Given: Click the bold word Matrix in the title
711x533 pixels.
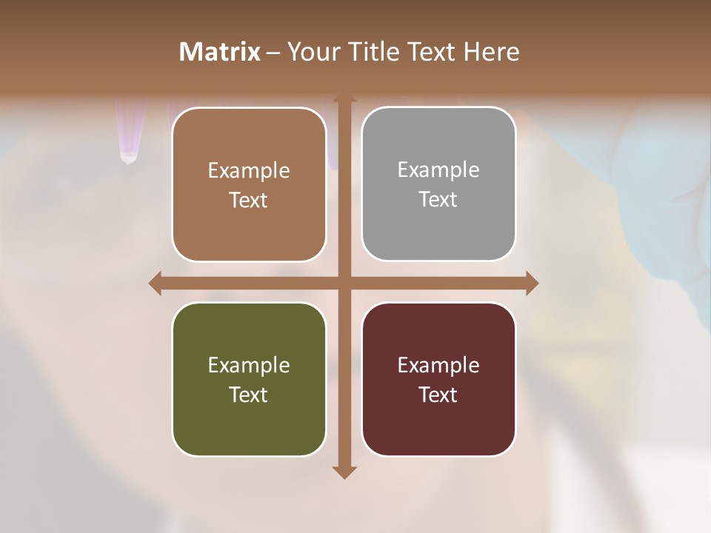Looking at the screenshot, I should point(220,52).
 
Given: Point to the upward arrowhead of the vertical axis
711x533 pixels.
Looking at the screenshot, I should point(344,98).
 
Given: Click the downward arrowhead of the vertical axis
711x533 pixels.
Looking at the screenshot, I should point(344,472).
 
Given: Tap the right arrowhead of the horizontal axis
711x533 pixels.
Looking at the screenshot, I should point(532,283).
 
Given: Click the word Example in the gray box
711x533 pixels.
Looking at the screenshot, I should point(438,170).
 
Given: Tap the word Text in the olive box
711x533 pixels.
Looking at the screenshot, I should point(249,395).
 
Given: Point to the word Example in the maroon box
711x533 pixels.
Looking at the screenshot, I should point(438,365).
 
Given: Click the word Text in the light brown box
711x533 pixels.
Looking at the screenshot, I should point(249,201).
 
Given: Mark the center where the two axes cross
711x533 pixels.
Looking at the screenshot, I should point(344,283).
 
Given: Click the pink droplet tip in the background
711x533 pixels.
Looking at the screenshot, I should point(129,156).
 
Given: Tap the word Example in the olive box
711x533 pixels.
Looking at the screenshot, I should point(249,365).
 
